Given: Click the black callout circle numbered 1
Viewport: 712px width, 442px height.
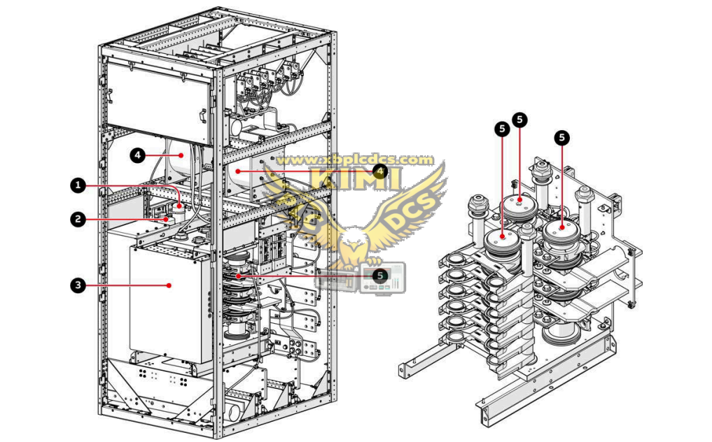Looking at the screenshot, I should [x=78, y=185].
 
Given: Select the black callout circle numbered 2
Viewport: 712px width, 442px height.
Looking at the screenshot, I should [x=78, y=219].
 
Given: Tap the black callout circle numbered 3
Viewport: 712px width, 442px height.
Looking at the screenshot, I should [x=78, y=285].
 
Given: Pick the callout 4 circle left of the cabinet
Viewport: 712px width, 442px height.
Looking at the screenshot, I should [x=138, y=155].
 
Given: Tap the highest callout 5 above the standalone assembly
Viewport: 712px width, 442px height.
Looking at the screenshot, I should [x=519, y=120].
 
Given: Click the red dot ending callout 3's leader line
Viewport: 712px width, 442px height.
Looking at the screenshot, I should [x=169, y=285].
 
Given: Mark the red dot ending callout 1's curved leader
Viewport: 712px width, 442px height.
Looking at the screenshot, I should [x=180, y=206].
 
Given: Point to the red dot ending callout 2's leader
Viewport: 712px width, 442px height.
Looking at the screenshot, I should [x=166, y=219].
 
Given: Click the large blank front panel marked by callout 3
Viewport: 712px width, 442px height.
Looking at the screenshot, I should [x=168, y=301].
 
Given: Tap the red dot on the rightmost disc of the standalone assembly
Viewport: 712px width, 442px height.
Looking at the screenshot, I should [x=561, y=227].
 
